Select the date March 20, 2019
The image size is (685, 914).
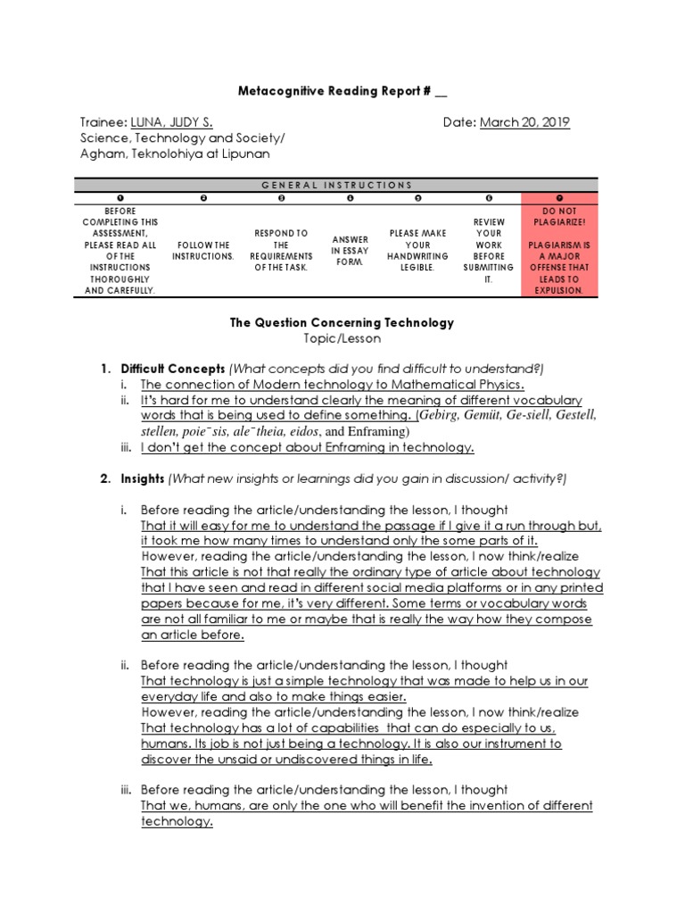click(524, 122)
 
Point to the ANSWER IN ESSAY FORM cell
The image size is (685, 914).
click(350, 250)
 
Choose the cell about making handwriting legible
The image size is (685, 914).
click(417, 250)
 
